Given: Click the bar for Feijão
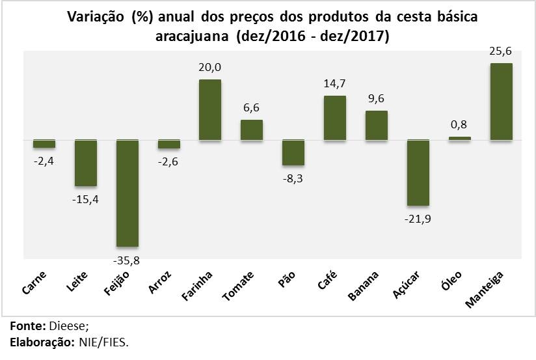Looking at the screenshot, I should coord(127,193).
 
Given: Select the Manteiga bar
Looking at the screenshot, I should coord(501,102).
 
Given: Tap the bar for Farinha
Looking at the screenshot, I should coord(210,109).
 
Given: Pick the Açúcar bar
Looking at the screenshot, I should coord(418,173).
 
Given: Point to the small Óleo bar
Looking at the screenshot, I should coord(459,138).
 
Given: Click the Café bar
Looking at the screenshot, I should coord(334,118).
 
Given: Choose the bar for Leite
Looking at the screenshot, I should coord(85,163).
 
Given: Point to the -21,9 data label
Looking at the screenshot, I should coord(418,219).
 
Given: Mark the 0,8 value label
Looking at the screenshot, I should coord(459,124).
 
